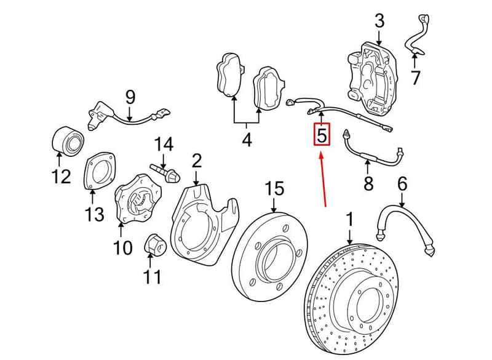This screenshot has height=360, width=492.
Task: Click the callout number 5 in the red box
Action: tap(322, 135)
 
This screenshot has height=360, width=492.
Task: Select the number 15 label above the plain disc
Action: tap(274, 189)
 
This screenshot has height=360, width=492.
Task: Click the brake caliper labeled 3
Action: tap(372, 79)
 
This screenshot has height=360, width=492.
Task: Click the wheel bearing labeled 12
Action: tap(68, 141)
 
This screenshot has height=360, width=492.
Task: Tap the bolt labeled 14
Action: tap(165, 174)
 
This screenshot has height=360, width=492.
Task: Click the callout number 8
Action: tap(368, 183)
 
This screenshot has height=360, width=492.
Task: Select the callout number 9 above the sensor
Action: tap(130, 97)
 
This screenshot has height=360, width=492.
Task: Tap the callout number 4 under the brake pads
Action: tap(247, 139)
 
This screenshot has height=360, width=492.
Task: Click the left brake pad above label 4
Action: tap(229, 74)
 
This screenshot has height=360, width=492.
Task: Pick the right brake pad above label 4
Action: tap(269, 89)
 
